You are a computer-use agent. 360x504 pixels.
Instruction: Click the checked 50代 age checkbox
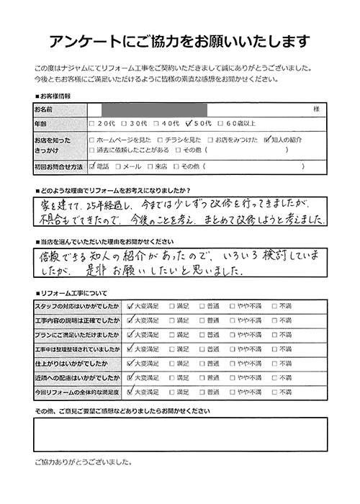tap(189, 123)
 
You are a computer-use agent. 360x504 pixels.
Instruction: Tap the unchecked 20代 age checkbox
tap(92, 123)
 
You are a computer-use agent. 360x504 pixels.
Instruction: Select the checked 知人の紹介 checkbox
tap(268, 139)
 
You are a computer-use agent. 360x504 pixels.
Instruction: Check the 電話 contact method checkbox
tap(92, 166)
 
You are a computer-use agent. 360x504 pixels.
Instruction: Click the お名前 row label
tap(45, 109)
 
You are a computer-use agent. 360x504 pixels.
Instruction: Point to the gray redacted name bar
tap(154, 109)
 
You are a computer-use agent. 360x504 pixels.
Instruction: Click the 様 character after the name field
tap(316, 109)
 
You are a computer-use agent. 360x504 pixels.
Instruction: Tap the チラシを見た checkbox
tap(158, 139)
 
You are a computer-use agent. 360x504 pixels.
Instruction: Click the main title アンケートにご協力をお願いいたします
tap(180, 40)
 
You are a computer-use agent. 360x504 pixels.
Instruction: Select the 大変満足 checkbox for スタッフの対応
tap(129, 305)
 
